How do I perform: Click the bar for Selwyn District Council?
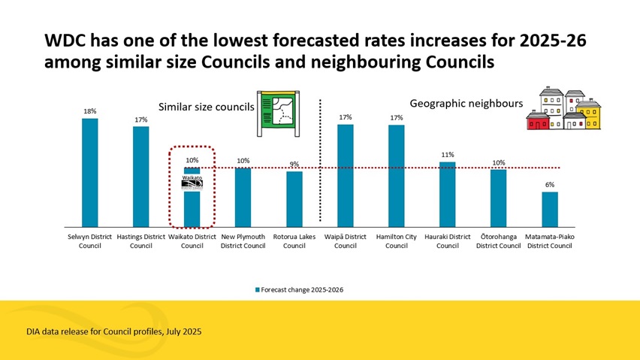click(x=90, y=172)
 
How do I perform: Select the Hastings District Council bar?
click(x=141, y=176)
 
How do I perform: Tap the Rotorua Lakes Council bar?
click(x=294, y=198)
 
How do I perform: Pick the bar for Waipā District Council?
click(x=346, y=175)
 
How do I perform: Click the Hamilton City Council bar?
click(x=397, y=175)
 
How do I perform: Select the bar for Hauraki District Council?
click(x=448, y=194)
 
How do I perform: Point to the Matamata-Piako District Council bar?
click(x=550, y=209)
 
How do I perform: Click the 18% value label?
click(x=90, y=111)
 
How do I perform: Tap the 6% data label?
click(x=550, y=184)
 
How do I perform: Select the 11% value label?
click(x=448, y=155)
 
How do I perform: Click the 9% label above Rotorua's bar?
click(x=294, y=165)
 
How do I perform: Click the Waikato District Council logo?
click(x=192, y=184)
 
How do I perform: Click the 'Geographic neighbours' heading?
click(x=466, y=102)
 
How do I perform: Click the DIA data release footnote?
click(x=113, y=331)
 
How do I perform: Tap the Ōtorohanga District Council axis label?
click(x=499, y=241)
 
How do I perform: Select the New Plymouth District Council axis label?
click(x=243, y=241)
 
